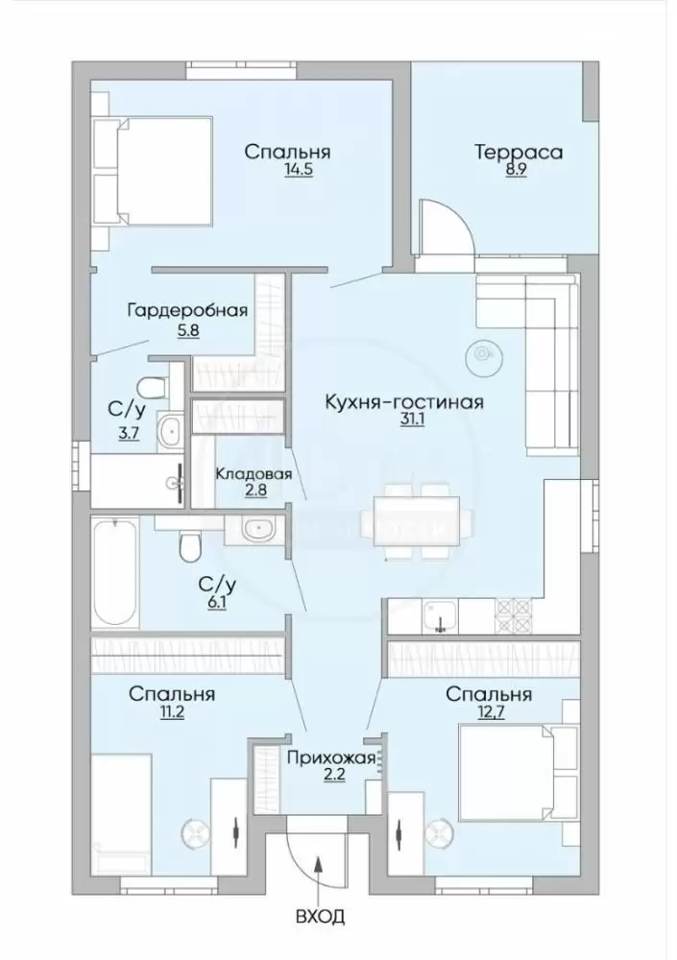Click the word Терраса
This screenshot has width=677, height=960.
click(x=519, y=152)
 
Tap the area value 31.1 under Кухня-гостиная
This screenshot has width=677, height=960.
click(x=403, y=420)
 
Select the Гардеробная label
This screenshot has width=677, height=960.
click(x=187, y=311)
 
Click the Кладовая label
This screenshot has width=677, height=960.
click(x=253, y=473)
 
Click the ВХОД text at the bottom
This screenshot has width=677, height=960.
click(x=320, y=917)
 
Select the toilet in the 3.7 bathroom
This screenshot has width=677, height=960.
click(x=153, y=387)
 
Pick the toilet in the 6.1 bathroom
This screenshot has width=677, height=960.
click(x=190, y=546)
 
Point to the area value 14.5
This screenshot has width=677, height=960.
click(x=299, y=170)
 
